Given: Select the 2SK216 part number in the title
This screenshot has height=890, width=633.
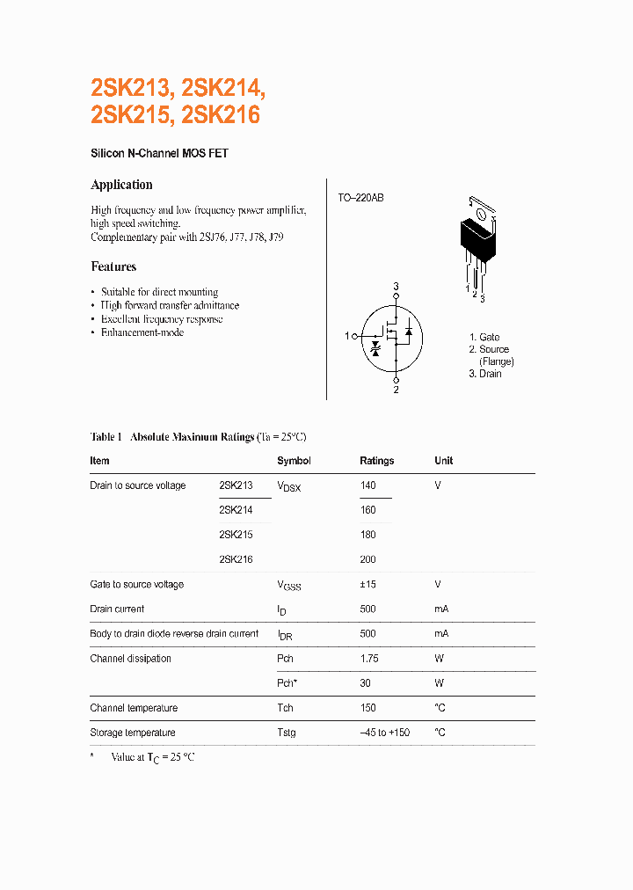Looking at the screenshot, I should (223, 115).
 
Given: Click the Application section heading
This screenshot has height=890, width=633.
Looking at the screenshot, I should (121, 185).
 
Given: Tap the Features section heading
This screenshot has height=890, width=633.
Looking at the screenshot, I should (113, 266).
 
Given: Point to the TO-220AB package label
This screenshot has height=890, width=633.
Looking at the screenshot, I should (360, 198).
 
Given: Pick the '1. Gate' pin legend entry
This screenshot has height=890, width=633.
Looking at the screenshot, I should (484, 337).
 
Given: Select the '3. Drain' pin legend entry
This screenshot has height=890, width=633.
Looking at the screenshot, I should (485, 374).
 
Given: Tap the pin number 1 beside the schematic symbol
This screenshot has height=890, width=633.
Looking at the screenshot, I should (348, 335).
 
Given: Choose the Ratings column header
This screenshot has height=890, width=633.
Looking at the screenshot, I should (376, 461).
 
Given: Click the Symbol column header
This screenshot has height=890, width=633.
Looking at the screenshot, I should (294, 461).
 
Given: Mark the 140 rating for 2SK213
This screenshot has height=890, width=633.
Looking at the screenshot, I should (367, 485).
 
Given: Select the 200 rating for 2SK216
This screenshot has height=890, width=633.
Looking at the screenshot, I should (367, 559).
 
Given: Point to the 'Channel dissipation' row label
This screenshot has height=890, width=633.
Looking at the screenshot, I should (130, 659).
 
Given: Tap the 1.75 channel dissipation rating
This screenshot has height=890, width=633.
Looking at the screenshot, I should (369, 659).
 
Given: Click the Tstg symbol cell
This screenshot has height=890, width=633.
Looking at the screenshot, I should (287, 733).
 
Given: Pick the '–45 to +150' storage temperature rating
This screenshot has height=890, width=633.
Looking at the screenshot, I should (385, 733).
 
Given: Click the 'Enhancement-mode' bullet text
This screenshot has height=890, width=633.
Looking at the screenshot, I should (142, 333).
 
